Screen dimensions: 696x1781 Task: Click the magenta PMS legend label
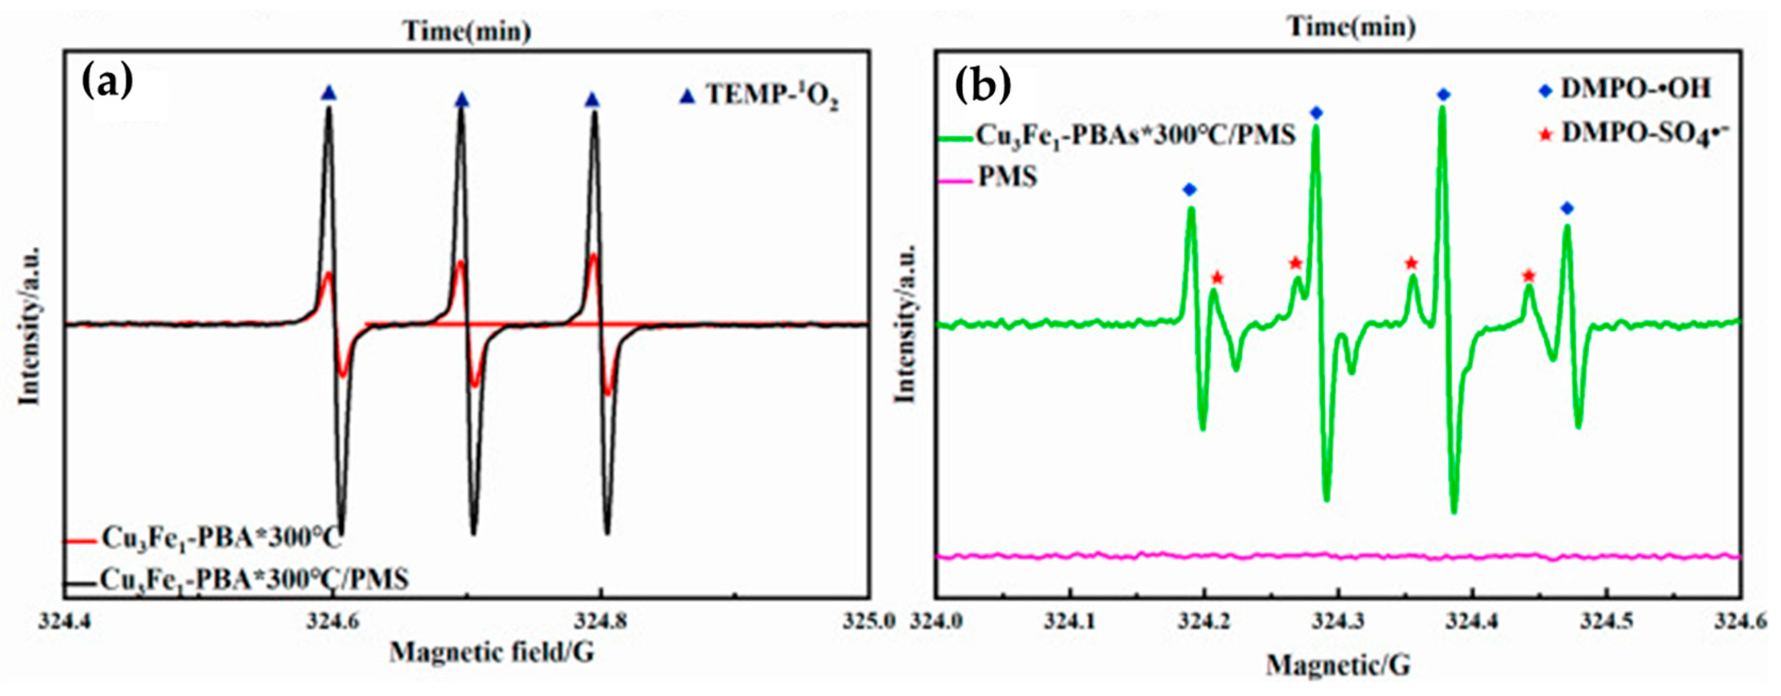point(1007,178)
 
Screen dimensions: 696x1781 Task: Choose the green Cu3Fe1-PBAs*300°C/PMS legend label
point(1134,136)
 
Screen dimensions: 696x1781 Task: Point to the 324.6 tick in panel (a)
point(333,620)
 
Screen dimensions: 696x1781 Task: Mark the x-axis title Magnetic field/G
point(491,652)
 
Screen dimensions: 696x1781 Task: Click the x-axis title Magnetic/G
point(1338,666)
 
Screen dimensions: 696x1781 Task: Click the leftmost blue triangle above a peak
point(330,93)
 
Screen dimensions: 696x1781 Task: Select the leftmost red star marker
point(1217,278)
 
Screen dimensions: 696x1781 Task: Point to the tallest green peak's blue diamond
point(1443,114)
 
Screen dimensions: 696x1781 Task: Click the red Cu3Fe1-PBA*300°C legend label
point(221,537)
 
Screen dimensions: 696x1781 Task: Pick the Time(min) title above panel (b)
point(1351,27)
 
